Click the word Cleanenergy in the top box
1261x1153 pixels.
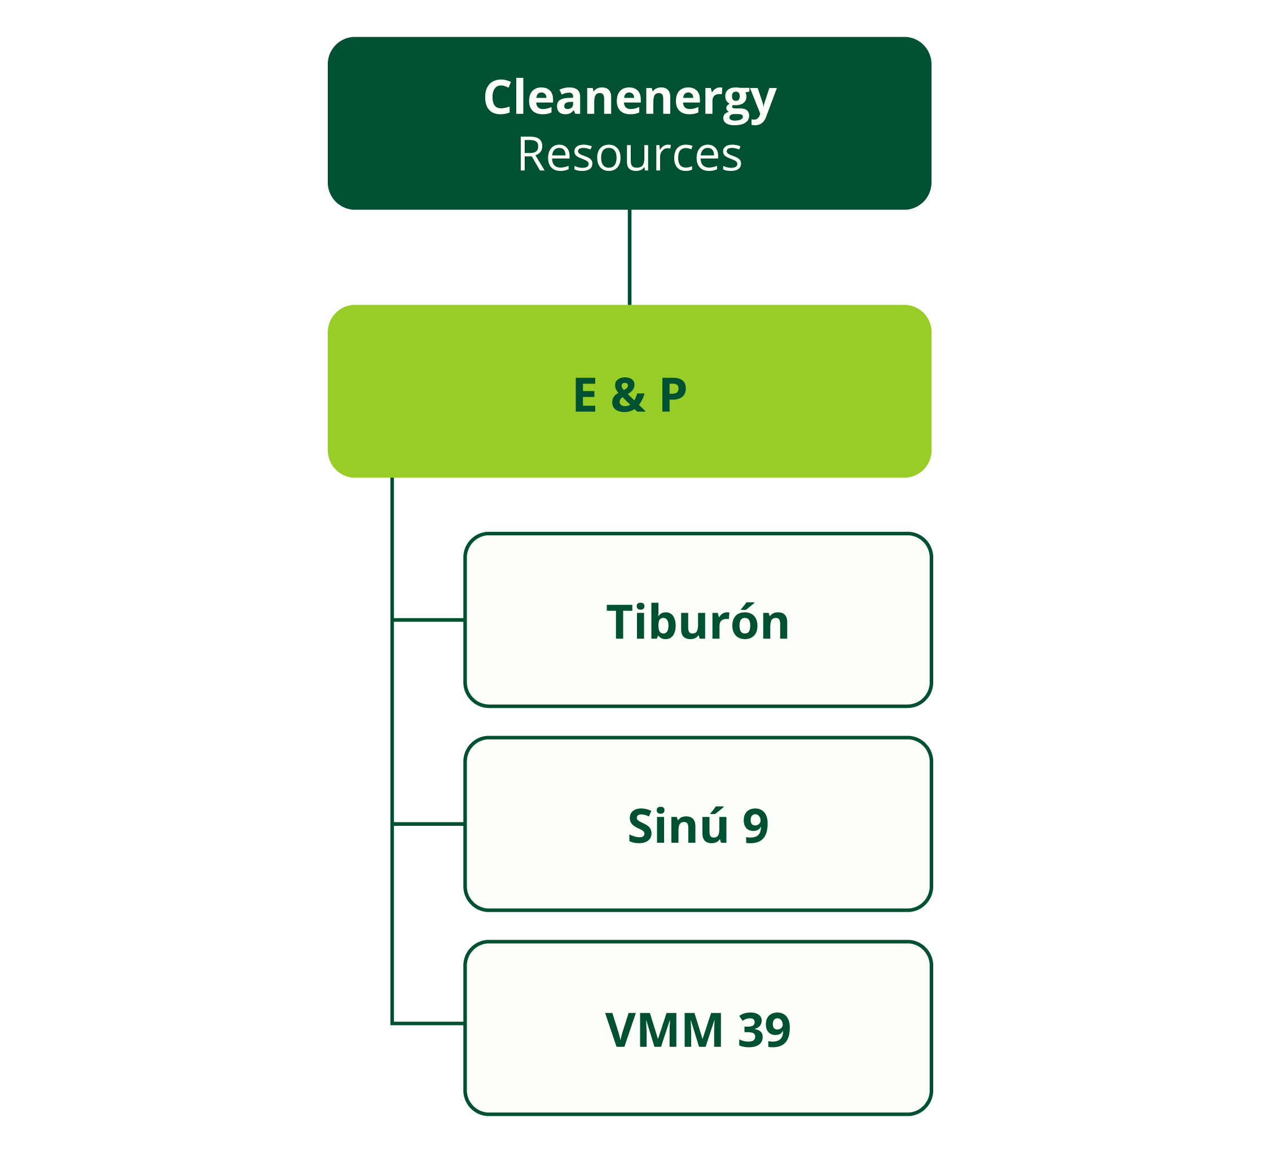[629, 99]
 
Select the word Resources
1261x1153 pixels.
[629, 155]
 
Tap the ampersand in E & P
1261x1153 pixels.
[628, 395]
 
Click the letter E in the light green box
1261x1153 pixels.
[585, 395]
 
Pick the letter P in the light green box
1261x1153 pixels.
[673, 395]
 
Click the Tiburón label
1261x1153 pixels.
[697, 622]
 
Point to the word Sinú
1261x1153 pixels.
[678, 826]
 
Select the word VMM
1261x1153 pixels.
[664, 1030]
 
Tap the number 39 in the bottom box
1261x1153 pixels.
[764, 1030]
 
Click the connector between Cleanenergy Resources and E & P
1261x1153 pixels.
[629, 257]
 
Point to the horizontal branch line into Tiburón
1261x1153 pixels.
[428, 619]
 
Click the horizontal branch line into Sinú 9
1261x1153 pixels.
[428, 824]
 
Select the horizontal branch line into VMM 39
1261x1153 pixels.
[428, 1024]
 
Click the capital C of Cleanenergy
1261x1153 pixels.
[500, 98]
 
